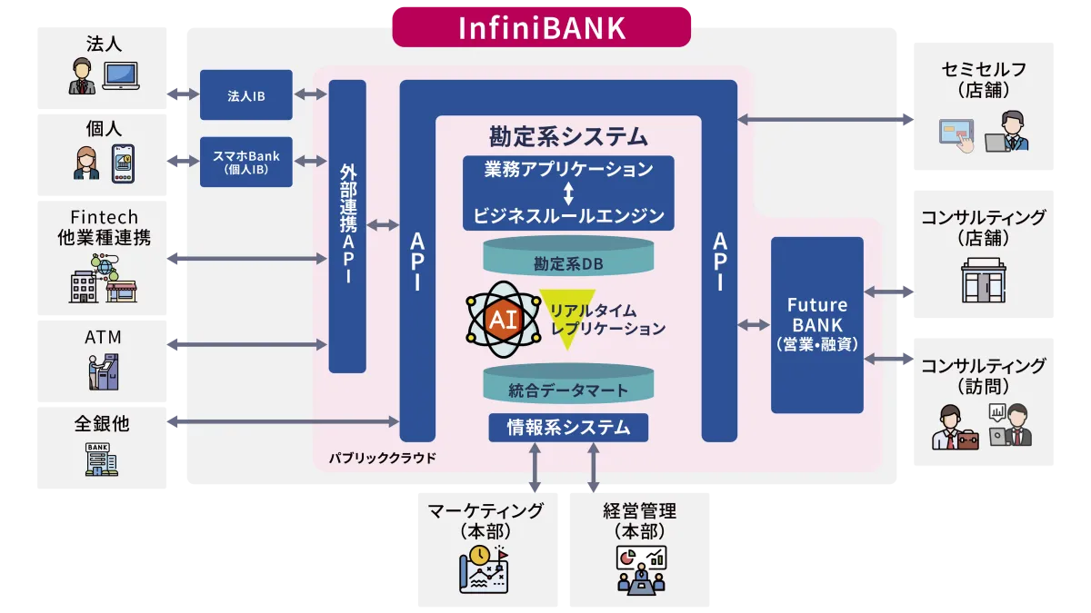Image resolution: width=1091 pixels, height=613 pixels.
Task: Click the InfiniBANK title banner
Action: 541,26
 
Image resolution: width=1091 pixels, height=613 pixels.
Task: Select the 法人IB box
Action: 246,94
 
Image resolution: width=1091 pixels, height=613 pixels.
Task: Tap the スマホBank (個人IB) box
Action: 246,162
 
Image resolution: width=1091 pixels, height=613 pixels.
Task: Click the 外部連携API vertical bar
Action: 347,226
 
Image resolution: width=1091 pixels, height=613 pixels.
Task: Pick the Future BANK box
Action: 816,324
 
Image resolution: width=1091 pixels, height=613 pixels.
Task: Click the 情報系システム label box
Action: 568,427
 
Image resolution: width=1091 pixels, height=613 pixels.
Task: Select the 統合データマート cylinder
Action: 568,383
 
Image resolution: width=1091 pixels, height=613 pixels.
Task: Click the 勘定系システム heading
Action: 568,137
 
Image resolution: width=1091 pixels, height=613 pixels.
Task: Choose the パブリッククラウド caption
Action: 383,458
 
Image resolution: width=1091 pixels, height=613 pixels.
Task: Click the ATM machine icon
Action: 102,371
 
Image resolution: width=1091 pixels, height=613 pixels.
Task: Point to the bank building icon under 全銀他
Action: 102,459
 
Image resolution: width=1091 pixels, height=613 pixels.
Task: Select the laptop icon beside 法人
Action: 120,75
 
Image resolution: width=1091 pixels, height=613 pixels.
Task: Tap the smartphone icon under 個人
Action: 123,163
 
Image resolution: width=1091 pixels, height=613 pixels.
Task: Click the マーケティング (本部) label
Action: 485,520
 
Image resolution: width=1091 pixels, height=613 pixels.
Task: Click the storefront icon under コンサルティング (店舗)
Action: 982,280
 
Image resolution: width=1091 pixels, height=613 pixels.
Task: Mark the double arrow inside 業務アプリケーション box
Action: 568,193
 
